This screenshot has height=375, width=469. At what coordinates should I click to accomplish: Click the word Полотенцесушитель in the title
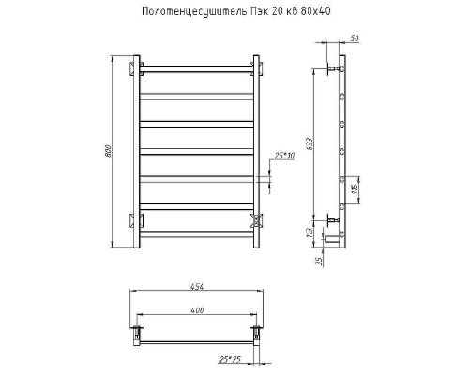(x=194, y=11)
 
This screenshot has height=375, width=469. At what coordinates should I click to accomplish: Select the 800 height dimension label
(x=108, y=151)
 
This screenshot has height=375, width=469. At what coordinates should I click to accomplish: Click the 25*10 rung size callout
(x=284, y=156)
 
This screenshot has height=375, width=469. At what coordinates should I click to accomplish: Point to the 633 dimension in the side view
(x=309, y=143)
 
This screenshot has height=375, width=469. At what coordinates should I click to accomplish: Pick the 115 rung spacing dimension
(x=355, y=189)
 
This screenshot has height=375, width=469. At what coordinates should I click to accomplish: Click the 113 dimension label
(x=310, y=232)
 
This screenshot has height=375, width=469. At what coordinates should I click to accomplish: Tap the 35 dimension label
(x=319, y=262)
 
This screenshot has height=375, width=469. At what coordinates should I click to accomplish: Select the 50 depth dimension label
(x=355, y=38)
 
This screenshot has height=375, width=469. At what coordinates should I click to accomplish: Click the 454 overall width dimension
(x=197, y=286)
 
